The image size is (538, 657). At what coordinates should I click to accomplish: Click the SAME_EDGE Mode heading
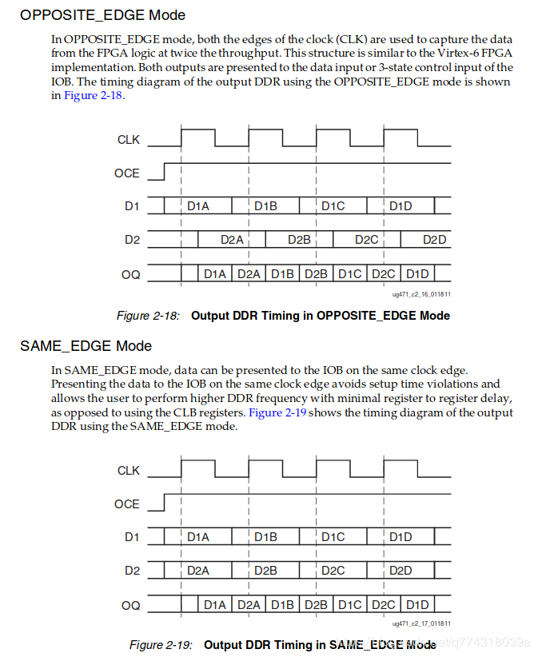pos(86,346)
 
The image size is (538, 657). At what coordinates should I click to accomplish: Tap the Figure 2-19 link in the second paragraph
pos(277,412)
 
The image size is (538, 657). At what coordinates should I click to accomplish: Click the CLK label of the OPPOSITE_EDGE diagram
pos(128,140)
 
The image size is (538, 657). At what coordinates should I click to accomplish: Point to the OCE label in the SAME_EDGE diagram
pos(126,504)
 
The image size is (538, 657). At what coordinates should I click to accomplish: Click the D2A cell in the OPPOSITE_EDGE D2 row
pos(232,240)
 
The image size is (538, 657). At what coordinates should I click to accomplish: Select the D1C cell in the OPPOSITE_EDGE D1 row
pos(333,206)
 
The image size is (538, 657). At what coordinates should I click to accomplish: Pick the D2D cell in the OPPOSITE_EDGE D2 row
pos(434,240)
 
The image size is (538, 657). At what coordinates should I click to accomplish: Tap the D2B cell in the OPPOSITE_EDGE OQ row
pos(317,274)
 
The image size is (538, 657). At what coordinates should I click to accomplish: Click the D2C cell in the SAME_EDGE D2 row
pos(333,571)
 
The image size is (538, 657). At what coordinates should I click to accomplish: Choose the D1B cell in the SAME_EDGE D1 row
pos(266,537)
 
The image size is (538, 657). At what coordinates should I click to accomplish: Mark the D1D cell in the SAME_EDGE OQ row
pos(417,605)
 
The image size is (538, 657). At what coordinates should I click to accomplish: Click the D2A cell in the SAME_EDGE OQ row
pos(249,605)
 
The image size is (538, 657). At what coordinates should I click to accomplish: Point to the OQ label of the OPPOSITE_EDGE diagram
pos(130,274)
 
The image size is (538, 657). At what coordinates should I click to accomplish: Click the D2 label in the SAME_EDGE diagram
pos(132,571)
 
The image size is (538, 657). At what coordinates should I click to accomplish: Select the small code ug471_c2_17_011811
pos(421,623)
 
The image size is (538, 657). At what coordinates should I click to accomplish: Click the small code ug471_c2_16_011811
pos(421,293)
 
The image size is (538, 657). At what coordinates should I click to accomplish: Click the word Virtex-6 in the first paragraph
pos(468,54)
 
